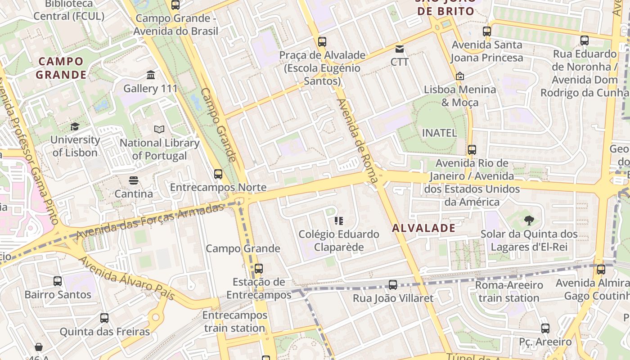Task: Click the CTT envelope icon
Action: [400, 49]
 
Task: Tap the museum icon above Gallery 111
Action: [151, 75]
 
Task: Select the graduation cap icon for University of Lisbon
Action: [75, 127]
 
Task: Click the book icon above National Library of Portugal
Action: [159, 130]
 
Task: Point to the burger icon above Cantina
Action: [133, 180]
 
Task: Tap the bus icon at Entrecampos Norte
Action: [218, 174]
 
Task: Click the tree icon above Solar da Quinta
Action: [529, 220]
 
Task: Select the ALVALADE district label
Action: [423, 228]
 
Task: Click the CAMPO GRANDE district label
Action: [61, 68]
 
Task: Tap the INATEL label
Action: [439, 133]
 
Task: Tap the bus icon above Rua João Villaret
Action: [393, 284]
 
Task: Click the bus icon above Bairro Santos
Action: [58, 281]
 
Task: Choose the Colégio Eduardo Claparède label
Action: [339, 241]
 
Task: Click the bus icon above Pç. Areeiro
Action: [545, 328]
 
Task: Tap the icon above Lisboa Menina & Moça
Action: [459, 76]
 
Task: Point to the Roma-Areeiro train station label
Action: [509, 292]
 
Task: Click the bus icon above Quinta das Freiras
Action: [104, 318]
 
